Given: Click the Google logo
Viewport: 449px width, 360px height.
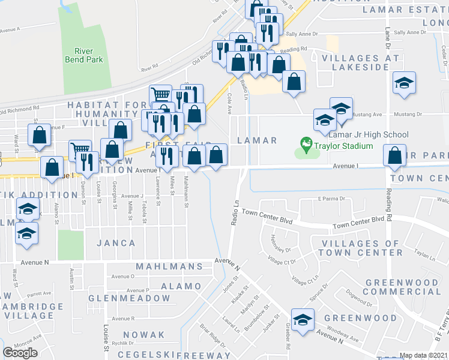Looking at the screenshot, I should pyautogui.click(x=20, y=353).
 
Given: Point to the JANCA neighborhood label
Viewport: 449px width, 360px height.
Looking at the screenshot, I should pyautogui.click(x=115, y=243).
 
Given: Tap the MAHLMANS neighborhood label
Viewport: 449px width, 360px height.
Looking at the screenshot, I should pyautogui.click(x=169, y=266).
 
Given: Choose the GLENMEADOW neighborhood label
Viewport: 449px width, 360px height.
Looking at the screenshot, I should pyautogui.click(x=129, y=298).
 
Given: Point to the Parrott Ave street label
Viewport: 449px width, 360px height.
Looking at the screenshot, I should pyautogui.click(x=38, y=294).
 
